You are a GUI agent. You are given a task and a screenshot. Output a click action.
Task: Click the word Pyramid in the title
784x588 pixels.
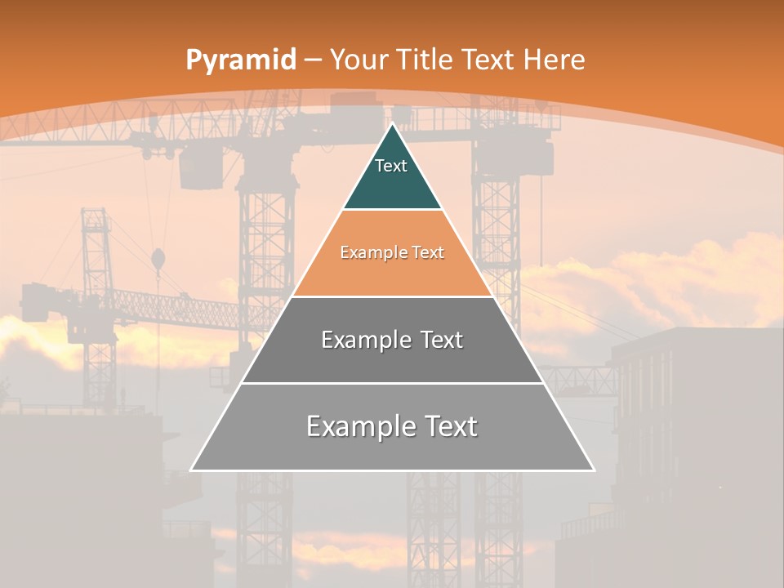coord(240,60)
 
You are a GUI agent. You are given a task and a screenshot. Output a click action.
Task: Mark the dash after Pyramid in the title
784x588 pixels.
coord(312,60)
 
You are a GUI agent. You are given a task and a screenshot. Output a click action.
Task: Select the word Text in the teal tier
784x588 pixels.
coord(391,166)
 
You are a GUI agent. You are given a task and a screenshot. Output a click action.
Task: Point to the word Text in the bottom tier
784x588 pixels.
coord(448,426)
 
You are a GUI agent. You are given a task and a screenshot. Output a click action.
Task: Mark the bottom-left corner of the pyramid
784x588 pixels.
coord(191,470)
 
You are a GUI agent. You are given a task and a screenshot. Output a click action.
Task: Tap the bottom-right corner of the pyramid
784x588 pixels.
coord(594,470)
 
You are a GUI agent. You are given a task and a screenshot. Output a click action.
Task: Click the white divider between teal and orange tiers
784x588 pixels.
coord(392,210)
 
